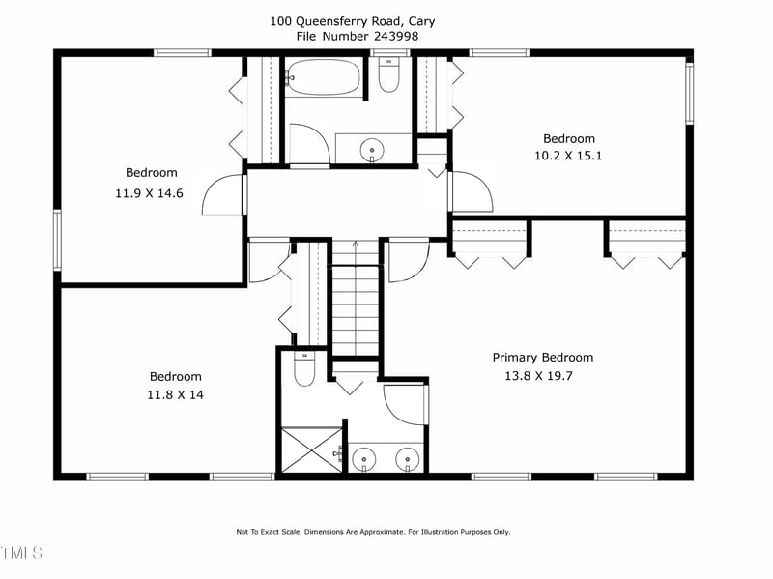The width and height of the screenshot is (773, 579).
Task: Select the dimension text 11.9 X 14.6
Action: coord(149,192)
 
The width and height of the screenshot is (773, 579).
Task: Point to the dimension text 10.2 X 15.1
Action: coord(568,155)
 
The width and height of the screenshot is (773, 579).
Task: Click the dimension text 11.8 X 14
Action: coord(175,394)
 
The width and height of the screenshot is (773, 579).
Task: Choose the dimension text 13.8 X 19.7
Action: coord(540,375)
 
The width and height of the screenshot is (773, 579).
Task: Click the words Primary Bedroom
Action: coord(542,357)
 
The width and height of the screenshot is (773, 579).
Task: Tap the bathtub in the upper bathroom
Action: coord(323,77)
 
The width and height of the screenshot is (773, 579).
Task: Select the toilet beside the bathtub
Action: coord(388,75)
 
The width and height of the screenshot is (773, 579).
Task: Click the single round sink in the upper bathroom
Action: coord(373,150)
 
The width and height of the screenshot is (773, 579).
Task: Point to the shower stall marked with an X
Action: coord(311,449)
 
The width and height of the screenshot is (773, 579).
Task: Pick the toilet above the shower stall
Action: coord(303,368)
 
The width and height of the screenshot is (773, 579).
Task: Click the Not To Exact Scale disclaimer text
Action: coord(373,532)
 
